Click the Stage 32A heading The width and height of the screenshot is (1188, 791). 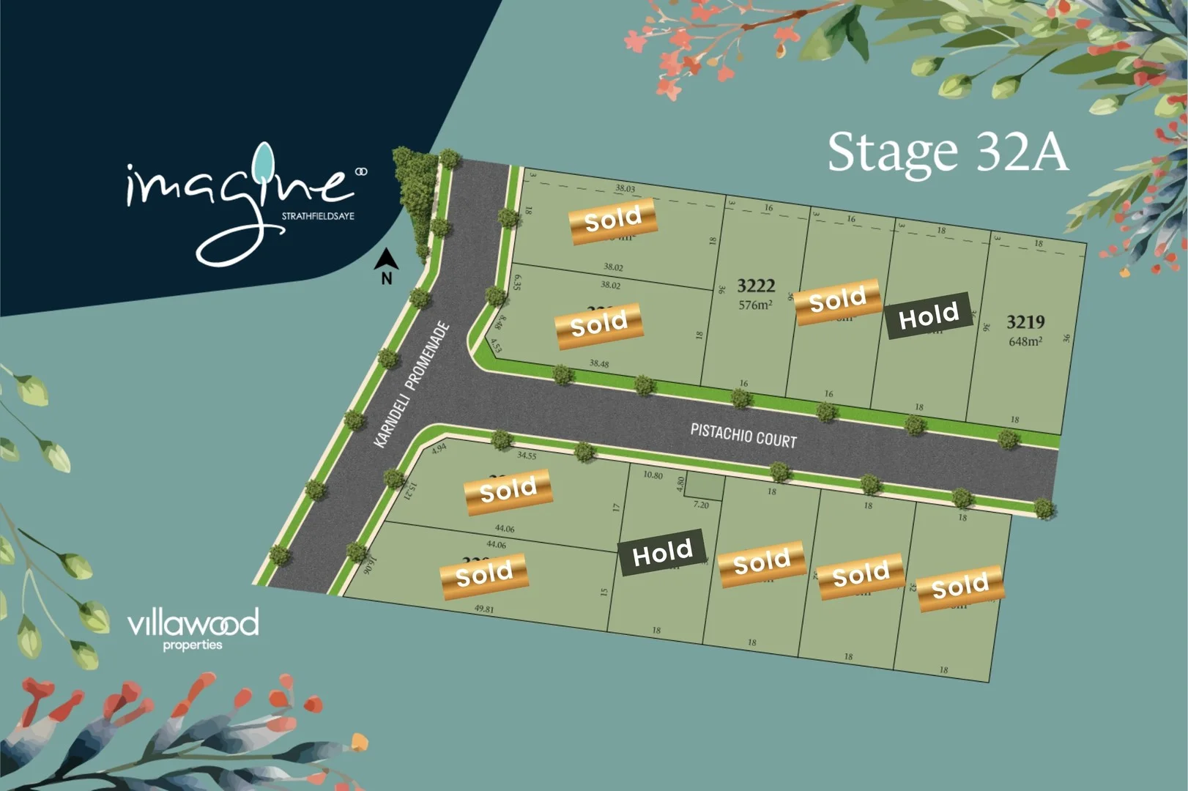947,152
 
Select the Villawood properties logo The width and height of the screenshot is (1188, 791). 193,628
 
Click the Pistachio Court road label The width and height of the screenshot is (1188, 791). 743,436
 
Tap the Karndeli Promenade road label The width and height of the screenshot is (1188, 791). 411,385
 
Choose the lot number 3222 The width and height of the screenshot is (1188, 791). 755,286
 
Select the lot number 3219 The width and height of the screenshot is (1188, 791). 1025,322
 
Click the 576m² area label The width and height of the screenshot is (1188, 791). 755,305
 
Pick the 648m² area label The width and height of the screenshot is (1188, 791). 1025,341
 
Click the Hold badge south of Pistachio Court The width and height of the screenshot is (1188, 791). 662,552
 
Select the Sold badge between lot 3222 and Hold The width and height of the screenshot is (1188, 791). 837,300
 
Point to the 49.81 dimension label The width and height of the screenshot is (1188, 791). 484,609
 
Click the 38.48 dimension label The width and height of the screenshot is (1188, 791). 598,363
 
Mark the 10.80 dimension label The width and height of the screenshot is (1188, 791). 653,475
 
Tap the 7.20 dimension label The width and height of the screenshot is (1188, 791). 701,505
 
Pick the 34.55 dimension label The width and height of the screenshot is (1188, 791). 527,456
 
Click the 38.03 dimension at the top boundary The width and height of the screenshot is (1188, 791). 625,189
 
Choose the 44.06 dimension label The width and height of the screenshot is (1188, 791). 505,528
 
